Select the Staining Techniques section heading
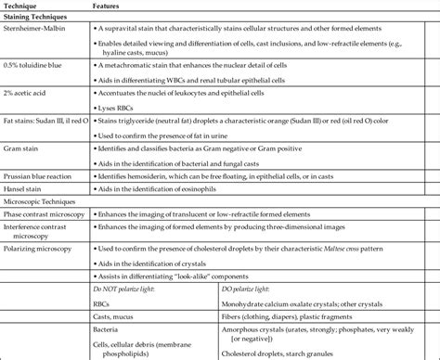[40, 18]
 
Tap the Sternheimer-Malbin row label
[39, 30]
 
